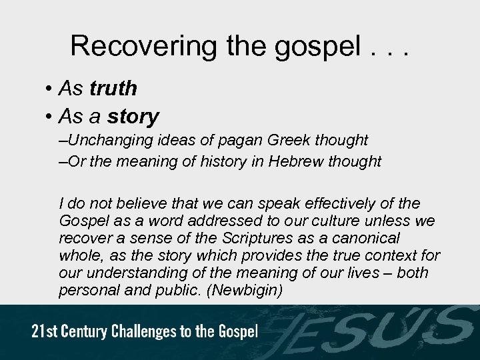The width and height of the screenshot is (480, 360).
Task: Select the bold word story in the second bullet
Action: [x=133, y=117]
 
